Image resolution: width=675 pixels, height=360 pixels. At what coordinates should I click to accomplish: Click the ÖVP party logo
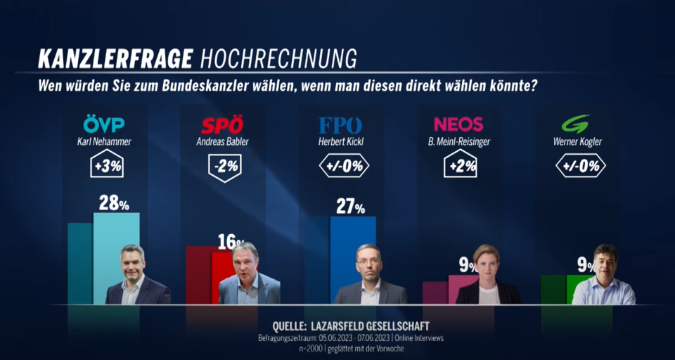coord(104,125)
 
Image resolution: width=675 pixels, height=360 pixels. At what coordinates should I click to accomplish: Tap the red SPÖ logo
coord(222,126)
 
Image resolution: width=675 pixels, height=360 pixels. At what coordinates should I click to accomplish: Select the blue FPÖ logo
coord(340,126)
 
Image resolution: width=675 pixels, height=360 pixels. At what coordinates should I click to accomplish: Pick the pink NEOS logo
coord(458,124)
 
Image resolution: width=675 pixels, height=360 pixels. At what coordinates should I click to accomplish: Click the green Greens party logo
coord(575,124)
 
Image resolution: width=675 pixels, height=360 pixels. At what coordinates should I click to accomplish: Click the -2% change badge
coord(222,167)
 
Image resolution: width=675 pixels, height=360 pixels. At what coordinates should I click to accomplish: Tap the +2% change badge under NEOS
coord(458,167)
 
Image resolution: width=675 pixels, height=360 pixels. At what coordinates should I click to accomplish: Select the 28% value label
coord(112,203)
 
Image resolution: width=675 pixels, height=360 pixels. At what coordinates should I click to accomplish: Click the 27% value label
coord(349,207)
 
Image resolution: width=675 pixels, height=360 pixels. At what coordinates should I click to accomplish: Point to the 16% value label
coord(229,242)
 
